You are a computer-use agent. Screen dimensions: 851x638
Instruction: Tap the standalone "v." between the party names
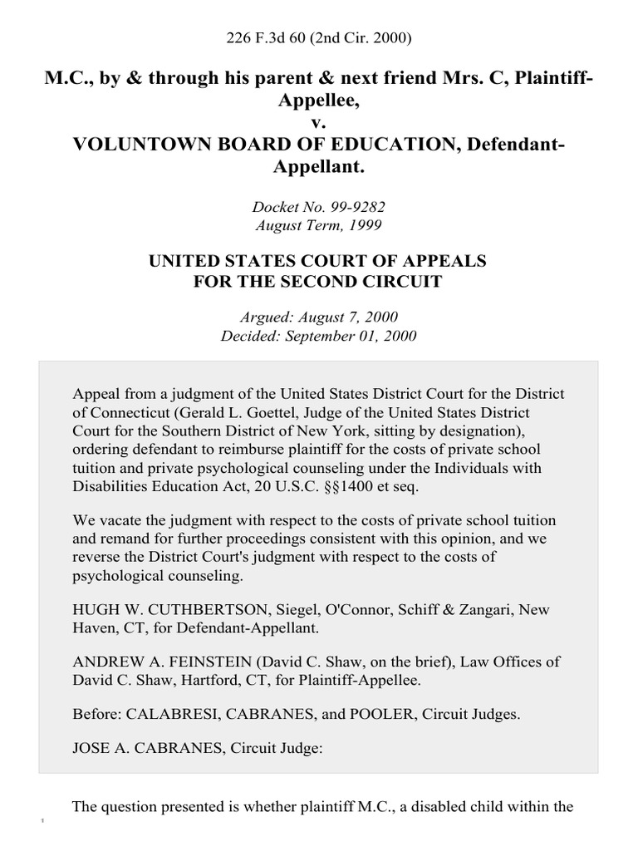(319, 122)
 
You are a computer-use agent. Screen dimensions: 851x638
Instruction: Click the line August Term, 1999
(319, 224)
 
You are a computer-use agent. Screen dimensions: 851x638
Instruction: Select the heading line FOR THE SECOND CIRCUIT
(319, 282)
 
